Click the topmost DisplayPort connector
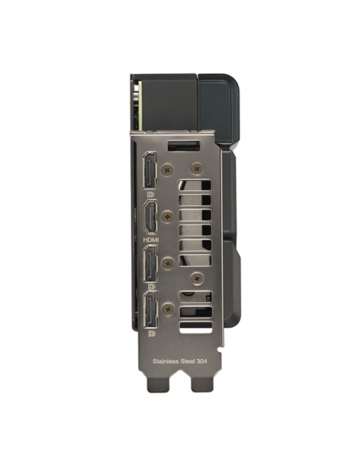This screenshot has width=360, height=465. [150, 170]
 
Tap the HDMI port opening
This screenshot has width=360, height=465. [151, 217]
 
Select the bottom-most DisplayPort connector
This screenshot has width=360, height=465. [151, 310]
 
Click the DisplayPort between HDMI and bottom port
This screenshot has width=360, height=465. [151, 264]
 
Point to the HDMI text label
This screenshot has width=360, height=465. [151, 240]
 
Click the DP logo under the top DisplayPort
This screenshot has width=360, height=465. [151, 194]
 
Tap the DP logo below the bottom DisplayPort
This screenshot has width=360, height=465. [151, 334]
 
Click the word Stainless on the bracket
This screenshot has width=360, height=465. [166, 361]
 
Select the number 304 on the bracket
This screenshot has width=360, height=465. [202, 361]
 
